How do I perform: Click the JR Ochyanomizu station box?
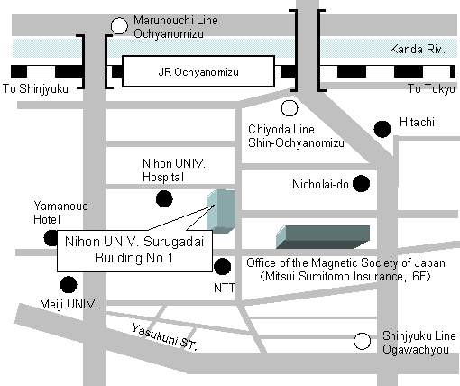[198, 71]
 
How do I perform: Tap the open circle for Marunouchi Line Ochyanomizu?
[119, 26]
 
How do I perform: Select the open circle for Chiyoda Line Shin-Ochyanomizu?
[290, 108]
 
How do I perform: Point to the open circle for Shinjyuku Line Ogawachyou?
[362, 341]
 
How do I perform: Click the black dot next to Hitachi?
[382, 129]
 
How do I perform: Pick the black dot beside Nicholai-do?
[361, 183]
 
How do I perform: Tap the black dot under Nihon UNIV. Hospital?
[164, 198]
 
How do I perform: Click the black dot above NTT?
[223, 266]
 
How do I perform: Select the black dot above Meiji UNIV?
[69, 284]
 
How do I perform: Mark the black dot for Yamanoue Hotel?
[51, 238]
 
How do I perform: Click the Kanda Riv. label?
[418, 49]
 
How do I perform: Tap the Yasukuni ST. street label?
[165, 337]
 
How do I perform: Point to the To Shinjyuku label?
[35, 89]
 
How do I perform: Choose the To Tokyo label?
[431, 89]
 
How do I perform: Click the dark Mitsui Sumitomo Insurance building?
[323, 237]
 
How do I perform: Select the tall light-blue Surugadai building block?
[221, 211]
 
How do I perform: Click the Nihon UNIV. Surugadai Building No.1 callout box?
[134, 251]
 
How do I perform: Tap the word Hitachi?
[417, 122]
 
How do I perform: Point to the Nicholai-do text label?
[320, 184]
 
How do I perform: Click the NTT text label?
[225, 288]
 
